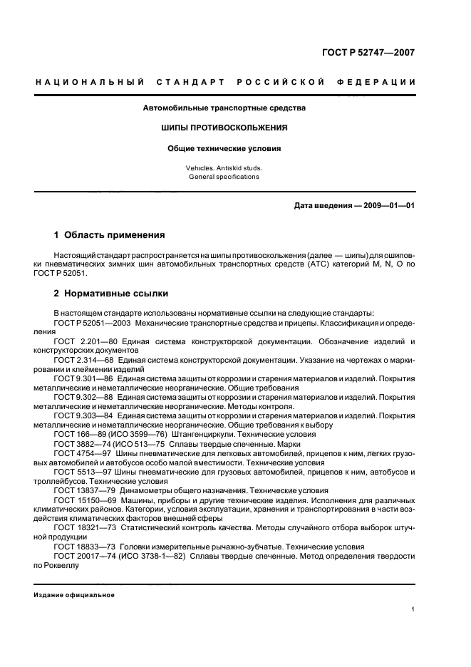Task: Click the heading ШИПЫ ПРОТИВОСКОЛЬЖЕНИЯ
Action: [x=224, y=128]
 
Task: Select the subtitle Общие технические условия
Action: [x=224, y=149]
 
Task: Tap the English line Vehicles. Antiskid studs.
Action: [x=224, y=168]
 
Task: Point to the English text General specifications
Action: [x=224, y=177]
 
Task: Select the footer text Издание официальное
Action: [x=74, y=595]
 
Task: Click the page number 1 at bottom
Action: [x=413, y=609]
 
